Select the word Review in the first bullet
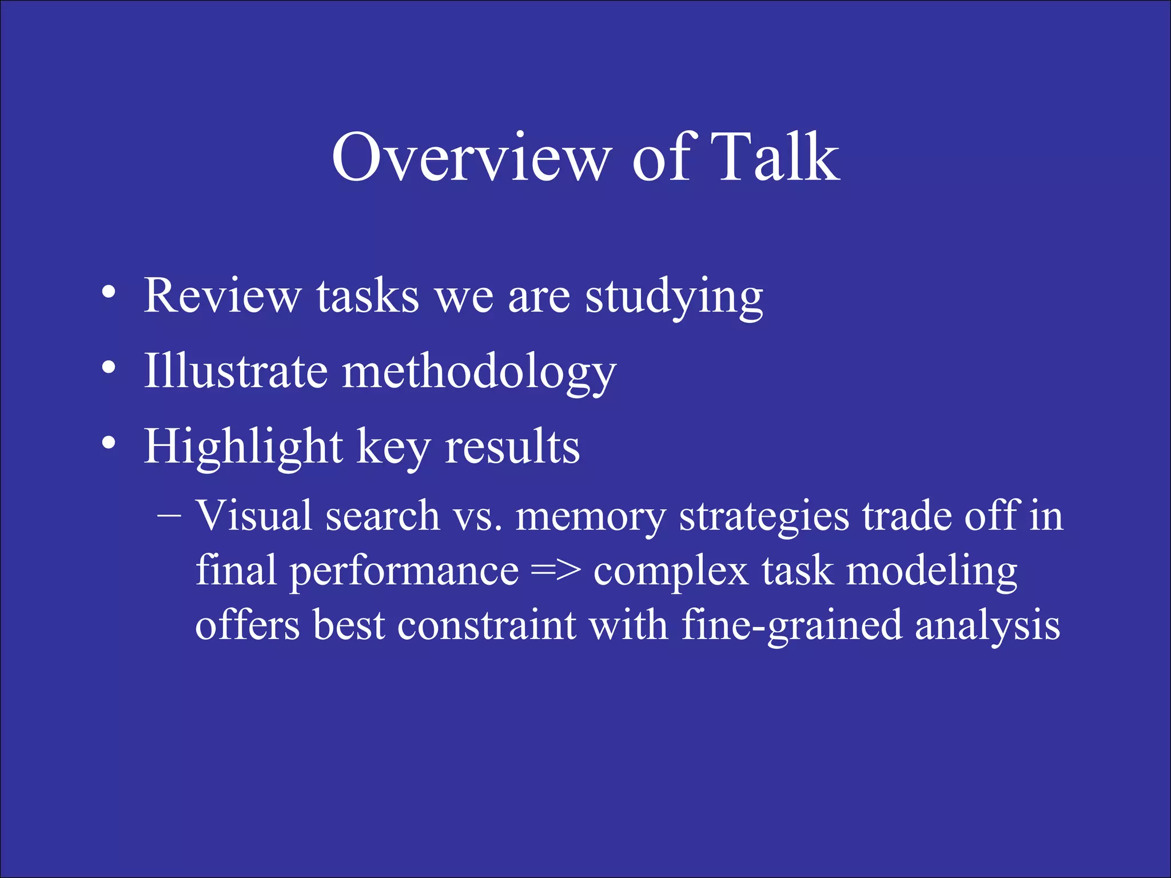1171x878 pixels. click(222, 296)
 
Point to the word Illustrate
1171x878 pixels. click(235, 371)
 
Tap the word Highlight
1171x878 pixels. click(243, 447)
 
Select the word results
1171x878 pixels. click(512, 447)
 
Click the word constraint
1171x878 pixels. click(486, 625)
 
